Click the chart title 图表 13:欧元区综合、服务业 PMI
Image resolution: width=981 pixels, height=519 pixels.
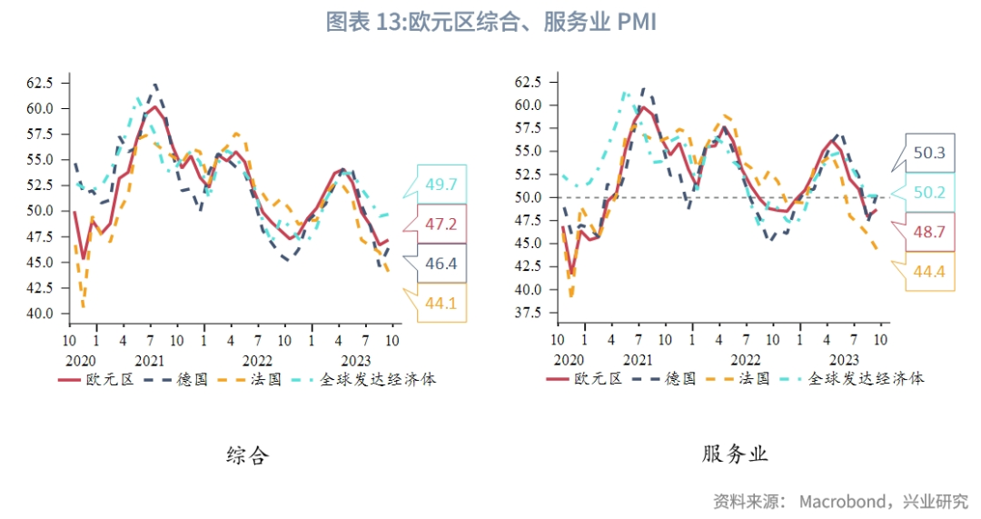click(490, 23)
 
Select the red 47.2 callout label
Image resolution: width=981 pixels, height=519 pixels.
click(441, 224)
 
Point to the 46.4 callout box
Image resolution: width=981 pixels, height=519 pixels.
click(441, 264)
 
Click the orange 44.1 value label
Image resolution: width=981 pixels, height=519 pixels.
click(441, 304)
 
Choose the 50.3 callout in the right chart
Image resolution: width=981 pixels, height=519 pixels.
click(929, 153)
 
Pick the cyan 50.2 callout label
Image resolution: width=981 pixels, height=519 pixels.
click(929, 193)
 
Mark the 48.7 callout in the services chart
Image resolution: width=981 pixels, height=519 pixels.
click(929, 233)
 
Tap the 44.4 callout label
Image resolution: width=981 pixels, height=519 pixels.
click(929, 272)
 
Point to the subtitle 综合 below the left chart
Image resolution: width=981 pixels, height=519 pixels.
click(247, 455)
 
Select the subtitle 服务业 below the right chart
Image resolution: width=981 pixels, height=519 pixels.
click(735, 454)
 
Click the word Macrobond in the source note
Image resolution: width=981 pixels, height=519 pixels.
click(846, 501)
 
